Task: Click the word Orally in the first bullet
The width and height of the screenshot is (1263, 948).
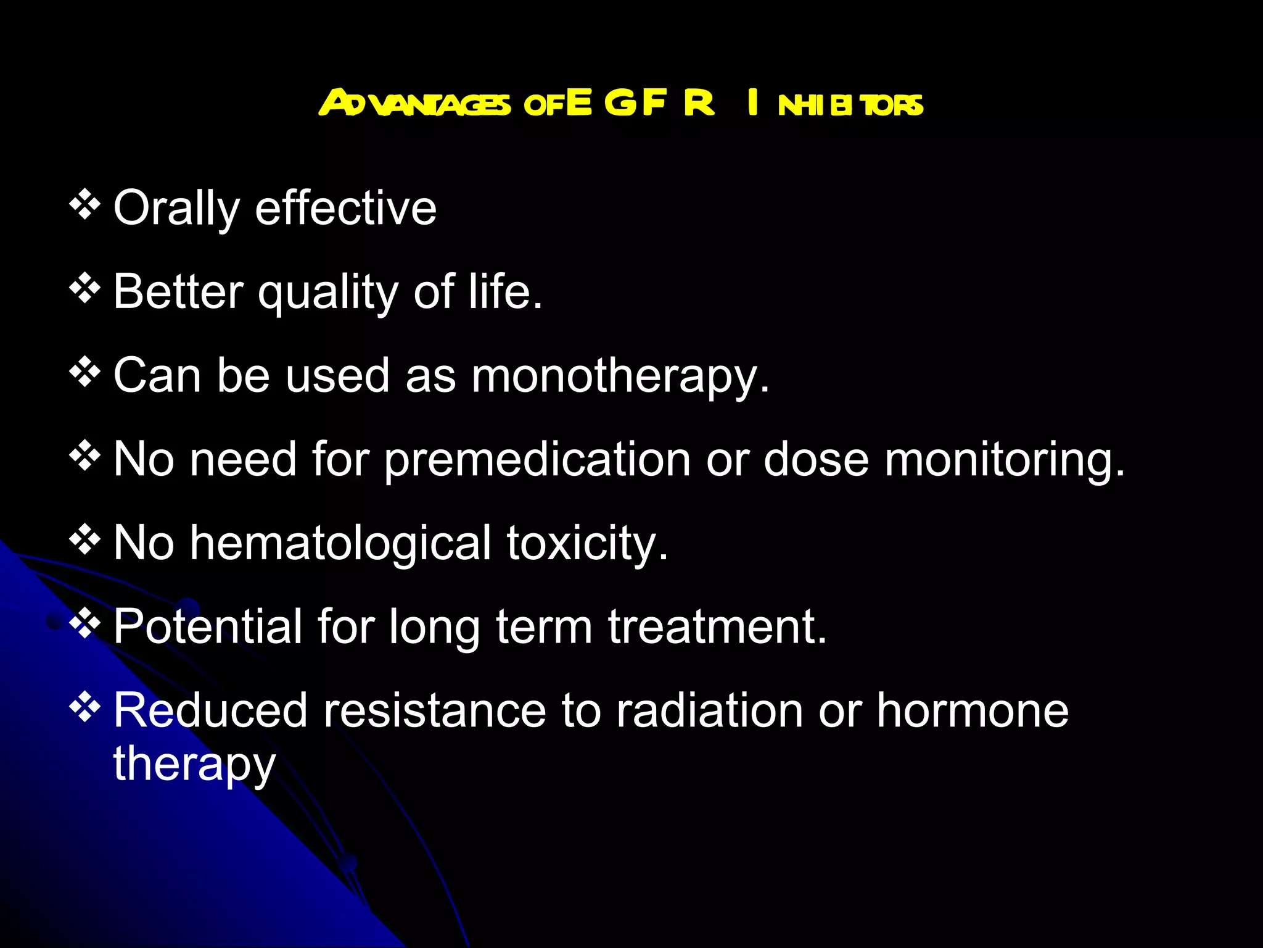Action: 176,209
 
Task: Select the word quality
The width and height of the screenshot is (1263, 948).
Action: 328,292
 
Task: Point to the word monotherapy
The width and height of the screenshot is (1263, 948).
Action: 620,376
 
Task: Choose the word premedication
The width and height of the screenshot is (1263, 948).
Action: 537,460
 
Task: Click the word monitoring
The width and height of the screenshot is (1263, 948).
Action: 1005,460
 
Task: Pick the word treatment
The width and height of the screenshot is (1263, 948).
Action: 717,626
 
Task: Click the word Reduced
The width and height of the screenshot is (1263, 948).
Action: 210,710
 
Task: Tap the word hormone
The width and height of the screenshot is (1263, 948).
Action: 973,710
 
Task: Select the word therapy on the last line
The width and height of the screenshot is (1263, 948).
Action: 194,764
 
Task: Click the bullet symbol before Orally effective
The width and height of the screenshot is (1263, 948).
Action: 84,205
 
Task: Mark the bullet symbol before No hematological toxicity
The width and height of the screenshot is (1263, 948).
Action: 84,540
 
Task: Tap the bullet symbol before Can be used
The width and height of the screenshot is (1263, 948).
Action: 84,372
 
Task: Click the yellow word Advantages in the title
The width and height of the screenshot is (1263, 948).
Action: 414,103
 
